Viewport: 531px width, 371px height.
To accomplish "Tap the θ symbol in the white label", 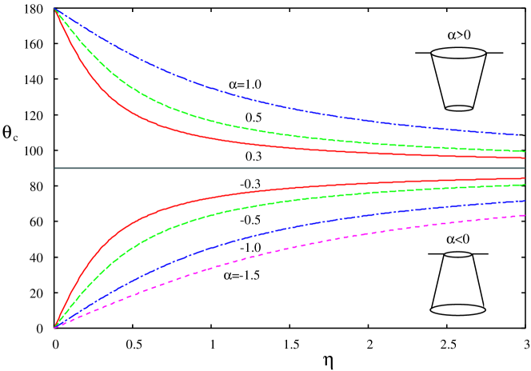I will tap(7, 132).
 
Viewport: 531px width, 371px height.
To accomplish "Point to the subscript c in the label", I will tap(14, 138).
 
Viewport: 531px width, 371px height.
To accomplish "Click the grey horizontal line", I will tap(288, 168).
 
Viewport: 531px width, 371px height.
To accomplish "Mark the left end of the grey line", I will tap(55, 168).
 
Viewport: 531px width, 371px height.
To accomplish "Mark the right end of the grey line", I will tap(524, 168).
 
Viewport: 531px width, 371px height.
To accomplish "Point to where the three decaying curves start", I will tap(55, 10).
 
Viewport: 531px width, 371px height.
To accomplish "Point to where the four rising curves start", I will tap(55, 328).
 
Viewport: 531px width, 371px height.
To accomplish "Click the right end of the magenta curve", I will tap(524, 215).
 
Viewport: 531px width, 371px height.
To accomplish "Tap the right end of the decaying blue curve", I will tap(517, 134).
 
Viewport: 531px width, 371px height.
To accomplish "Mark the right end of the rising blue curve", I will tap(524, 201).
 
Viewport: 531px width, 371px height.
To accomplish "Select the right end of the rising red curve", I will tap(524, 178).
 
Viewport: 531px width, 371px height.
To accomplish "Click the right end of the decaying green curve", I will tap(524, 150).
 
